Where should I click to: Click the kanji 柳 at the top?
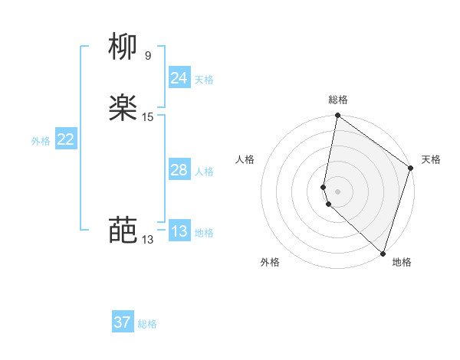(x=123, y=47)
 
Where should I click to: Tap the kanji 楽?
(x=123, y=109)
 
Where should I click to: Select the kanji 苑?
(x=123, y=230)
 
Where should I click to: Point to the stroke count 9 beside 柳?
(x=148, y=55)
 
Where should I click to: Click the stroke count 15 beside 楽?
(x=148, y=116)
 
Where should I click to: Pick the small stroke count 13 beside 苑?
(x=147, y=239)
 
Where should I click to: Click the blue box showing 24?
(x=179, y=77)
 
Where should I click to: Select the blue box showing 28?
(x=179, y=170)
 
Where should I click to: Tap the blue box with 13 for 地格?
(x=179, y=231)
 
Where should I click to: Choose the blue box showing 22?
(x=66, y=139)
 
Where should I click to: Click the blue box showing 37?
(x=123, y=322)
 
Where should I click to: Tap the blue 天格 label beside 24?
(x=204, y=79)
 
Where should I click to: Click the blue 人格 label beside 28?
(x=204, y=172)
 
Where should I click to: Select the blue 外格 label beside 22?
(x=41, y=141)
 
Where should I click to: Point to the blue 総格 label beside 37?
(x=147, y=324)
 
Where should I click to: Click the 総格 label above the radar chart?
(x=338, y=100)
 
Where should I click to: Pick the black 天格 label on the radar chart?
(x=431, y=159)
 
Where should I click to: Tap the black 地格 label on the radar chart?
(x=402, y=262)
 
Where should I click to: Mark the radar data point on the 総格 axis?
(x=337, y=116)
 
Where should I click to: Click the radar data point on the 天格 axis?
(x=411, y=168)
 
